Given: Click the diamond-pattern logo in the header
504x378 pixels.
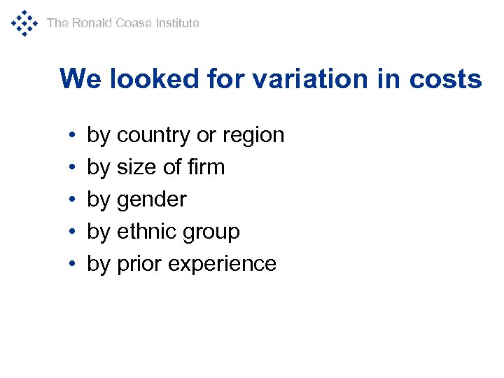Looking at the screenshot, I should (x=23, y=22).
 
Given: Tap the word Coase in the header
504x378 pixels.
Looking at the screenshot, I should (x=134, y=23).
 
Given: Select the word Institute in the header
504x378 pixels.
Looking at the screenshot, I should (x=177, y=23).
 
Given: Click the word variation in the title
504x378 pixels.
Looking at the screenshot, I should (x=312, y=78).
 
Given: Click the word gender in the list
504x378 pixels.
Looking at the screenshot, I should (x=151, y=200).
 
